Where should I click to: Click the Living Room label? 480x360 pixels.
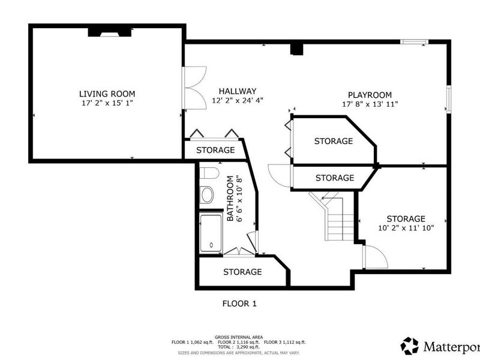[107, 94]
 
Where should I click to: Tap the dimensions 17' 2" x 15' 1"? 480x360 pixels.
[107, 104]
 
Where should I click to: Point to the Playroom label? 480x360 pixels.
[370, 95]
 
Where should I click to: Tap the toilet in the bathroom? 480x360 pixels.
[208, 174]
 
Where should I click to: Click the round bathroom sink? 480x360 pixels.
[207, 194]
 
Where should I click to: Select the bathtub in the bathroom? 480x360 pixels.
[211, 233]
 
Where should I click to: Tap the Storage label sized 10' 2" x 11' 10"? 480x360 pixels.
[406, 218]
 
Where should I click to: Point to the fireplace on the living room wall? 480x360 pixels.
[109, 31]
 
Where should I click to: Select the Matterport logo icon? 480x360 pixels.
[410, 346]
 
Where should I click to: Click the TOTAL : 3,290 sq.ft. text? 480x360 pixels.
[239, 347]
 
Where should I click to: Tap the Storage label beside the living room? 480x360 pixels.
[215, 150]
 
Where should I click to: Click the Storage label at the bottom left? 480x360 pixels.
[242, 272]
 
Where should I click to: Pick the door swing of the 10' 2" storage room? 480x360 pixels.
[375, 257]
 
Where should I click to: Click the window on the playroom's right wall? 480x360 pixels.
[448, 98]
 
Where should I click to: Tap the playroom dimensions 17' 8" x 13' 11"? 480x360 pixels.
[370, 104]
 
